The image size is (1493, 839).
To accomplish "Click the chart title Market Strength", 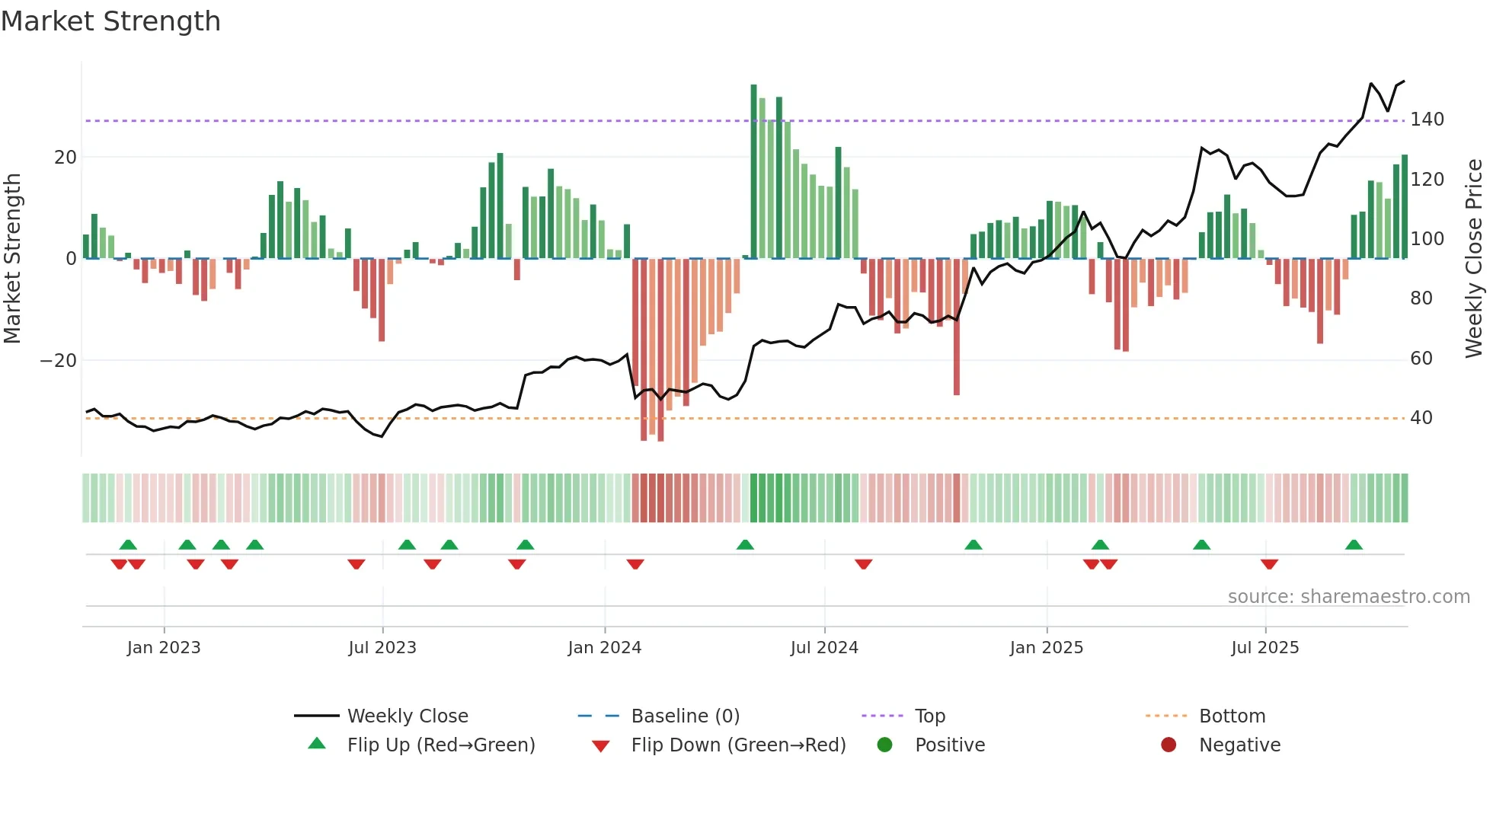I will (110, 21).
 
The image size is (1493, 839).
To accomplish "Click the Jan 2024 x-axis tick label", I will (604, 648).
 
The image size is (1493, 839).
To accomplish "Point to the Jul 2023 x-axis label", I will (382, 648).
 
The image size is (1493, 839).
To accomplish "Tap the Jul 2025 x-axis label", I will (1264, 648).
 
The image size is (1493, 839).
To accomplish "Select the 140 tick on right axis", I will (1426, 120).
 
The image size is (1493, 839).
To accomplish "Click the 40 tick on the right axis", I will (1421, 418).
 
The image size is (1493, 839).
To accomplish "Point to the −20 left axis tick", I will (59, 361).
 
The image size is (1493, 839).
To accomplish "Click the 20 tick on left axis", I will (66, 158).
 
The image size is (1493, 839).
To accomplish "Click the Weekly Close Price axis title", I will (1474, 259).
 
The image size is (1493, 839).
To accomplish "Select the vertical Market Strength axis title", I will (13, 259).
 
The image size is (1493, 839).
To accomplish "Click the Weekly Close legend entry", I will (407, 716).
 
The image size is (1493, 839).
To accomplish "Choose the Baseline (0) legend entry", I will (685, 716).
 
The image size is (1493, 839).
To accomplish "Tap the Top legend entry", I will (929, 716).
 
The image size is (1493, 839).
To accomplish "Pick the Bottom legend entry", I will (1232, 716).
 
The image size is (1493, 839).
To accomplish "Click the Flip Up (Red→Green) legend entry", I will (440, 745).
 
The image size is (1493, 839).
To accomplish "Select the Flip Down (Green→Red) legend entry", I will (737, 745).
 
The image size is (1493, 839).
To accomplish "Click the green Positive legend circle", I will (884, 745).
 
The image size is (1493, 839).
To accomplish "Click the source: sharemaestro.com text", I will (1348, 597).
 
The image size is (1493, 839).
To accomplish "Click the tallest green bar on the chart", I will (753, 171).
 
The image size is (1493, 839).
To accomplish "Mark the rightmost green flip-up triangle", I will (1354, 545).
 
